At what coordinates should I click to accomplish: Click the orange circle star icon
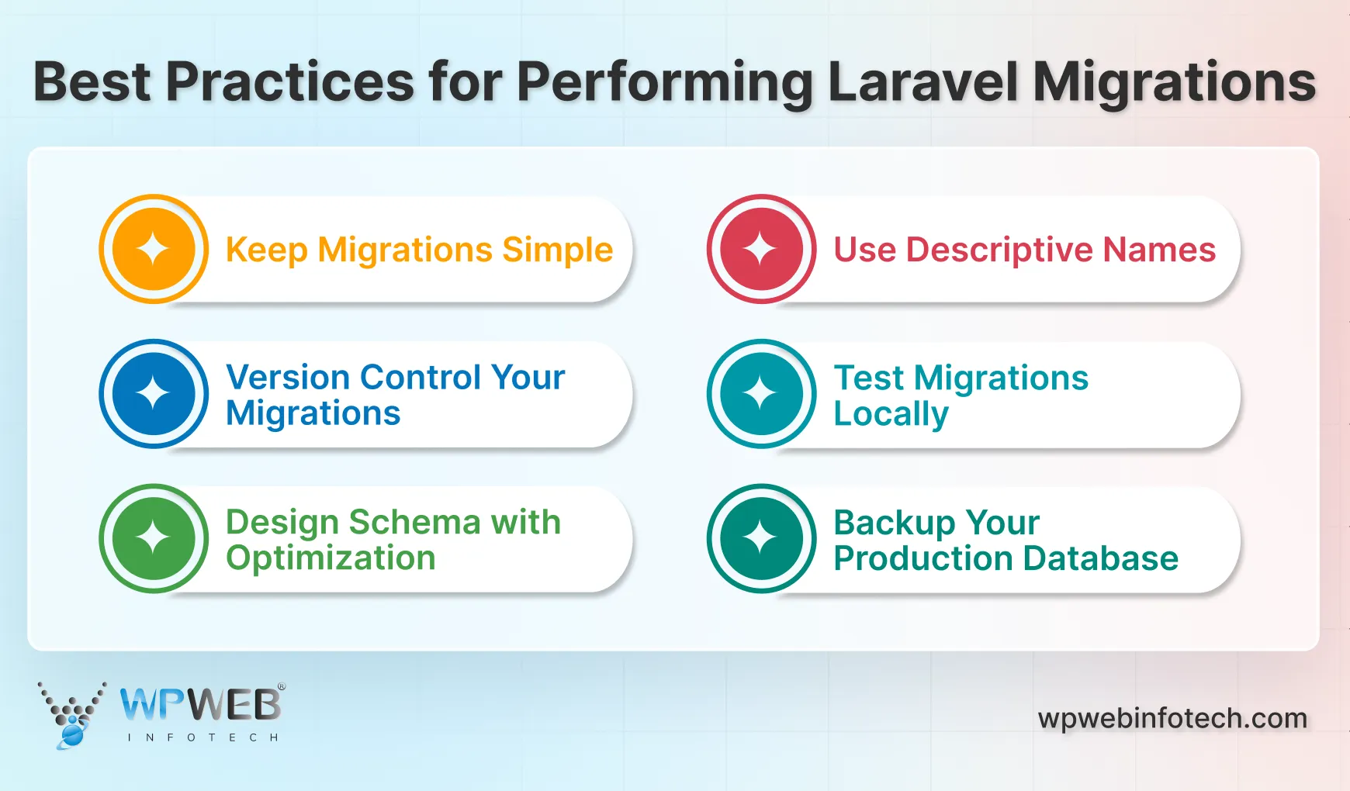(154, 249)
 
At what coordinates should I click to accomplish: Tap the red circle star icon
(761, 249)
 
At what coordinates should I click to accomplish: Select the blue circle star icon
(154, 394)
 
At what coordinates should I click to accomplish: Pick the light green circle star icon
(154, 539)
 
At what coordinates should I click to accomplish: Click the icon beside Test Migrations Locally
(761, 394)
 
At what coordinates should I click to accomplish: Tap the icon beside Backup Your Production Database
(761, 539)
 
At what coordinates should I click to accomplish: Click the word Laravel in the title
(922, 82)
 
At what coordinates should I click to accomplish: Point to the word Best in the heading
(92, 82)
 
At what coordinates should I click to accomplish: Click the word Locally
(891, 414)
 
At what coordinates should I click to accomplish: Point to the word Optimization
(331, 558)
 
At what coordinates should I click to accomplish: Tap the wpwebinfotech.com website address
(1172, 718)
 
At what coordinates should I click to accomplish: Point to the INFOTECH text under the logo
(202, 737)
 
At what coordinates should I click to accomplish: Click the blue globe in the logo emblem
(71, 734)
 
